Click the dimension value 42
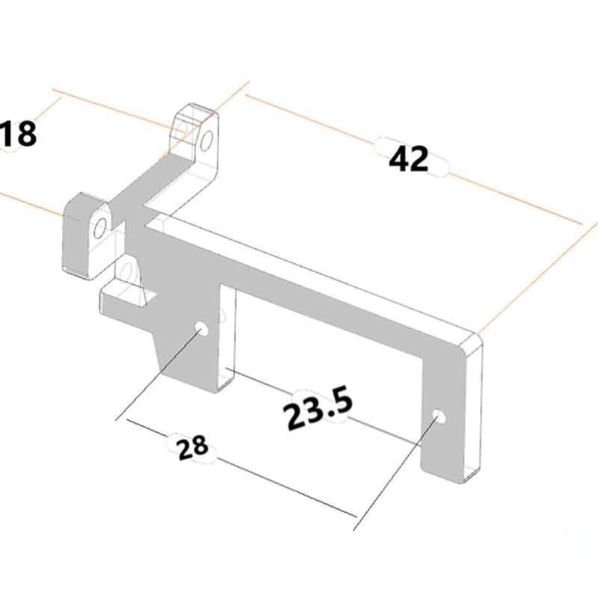[409, 158]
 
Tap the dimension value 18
[18, 135]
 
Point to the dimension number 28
[192, 447]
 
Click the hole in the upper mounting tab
[207, 138]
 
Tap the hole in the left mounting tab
[99, 228]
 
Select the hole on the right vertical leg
[440, 416]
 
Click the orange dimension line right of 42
[516, 200]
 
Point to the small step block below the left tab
[120, 299]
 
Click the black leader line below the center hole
[157, 374]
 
